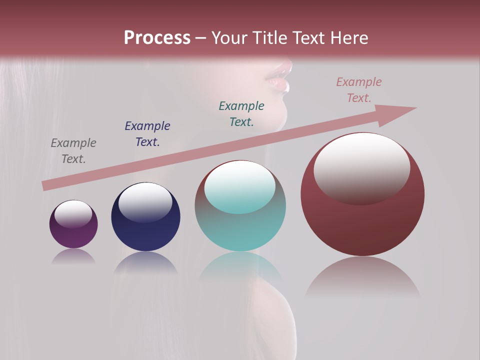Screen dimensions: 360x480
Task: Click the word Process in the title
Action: point(157,38)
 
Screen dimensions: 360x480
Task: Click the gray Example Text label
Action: point(73,151)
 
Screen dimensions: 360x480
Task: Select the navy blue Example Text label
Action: point(147,134)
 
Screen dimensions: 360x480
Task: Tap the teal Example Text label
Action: point(241,114)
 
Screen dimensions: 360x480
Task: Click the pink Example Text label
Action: point(359,90)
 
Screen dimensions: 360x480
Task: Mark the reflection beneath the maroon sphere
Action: point(362,277)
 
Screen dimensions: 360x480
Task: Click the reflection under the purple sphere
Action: point(73,256)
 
